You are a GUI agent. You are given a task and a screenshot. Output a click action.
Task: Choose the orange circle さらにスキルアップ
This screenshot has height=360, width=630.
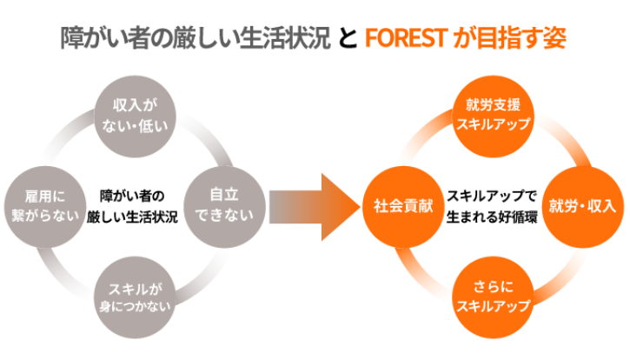point(493,297)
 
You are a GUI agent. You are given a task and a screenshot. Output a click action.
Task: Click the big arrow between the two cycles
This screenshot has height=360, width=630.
point(313,207)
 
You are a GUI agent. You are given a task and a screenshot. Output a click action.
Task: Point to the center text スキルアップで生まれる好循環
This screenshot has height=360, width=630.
point(493,206)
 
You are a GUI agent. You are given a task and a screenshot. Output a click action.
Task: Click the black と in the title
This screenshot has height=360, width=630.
point(346,39)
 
